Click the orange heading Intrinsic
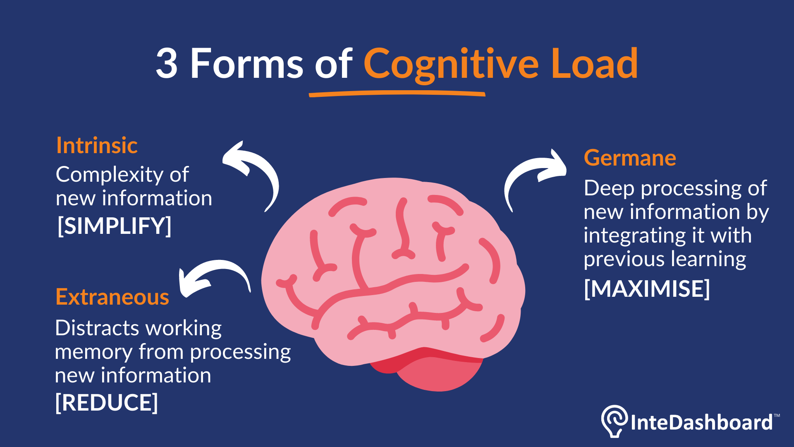[97, 146]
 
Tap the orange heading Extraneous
[112, 297]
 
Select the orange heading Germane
[630, 158]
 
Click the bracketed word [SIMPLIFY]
[114, 226]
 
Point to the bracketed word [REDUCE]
[107, 402]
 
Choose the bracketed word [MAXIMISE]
[647, 288]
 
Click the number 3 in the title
[167, 64]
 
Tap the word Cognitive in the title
[451, 64]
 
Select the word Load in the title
[594, 64]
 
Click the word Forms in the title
[247, 64]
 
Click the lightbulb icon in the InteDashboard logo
[614, 420]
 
